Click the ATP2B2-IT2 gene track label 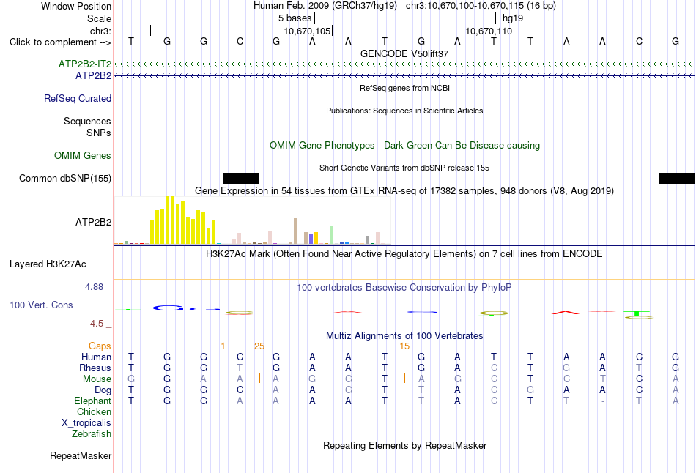(85, 64)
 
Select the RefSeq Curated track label (78, 99)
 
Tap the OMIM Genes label (83, 156)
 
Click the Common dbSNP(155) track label (65, 179)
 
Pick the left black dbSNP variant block (241, 179)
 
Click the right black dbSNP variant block (677, 179)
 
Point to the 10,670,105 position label (307, 31)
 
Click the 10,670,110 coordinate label (489, 31)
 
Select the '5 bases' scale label (295, 18)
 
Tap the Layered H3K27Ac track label (48, 264)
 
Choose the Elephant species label (93, 401)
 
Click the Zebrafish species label (92, 434)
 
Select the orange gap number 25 (259, 346)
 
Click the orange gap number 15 (404, 346)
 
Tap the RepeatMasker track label (81, 455)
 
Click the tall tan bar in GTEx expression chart (296, 231)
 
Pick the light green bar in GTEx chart (332, 235)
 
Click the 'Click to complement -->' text (60, 42)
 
